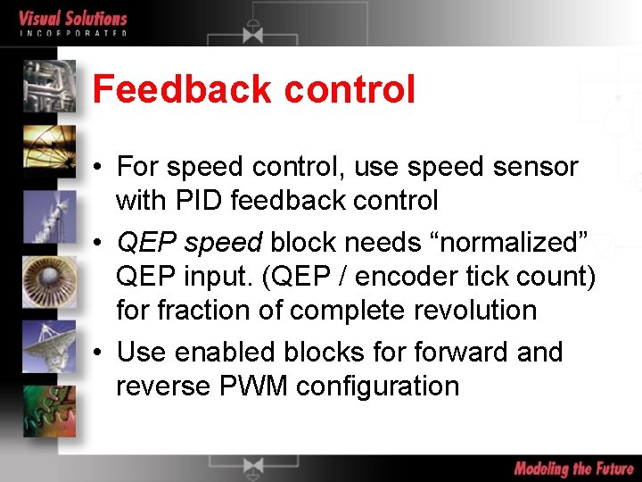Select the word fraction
(x=206, y=311)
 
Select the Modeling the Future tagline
(x=573, y=469)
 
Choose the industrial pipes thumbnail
(x=50, y=86)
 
